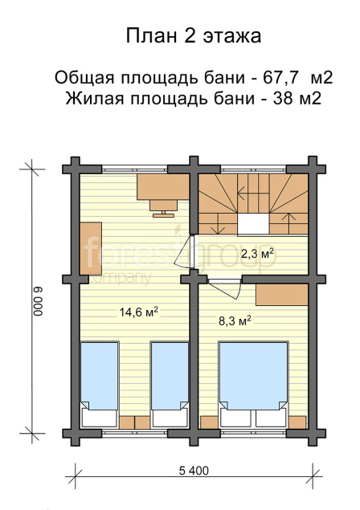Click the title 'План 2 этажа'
[x=194, y=36]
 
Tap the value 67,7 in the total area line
[x=280, y=78]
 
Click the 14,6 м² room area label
[x=139, y=312]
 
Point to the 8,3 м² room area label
[x=235, y=321]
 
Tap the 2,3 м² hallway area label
[x=256, y=253]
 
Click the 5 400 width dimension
[x=194, y=471]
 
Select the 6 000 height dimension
[x=38, y=301]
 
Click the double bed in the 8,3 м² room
[x=253, y=384]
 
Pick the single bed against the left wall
[x=99, y=384]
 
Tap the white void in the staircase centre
[x=253, y=224]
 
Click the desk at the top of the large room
[x=163, y=186]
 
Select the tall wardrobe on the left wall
[x=91, y=248]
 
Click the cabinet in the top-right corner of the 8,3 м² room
[x=281, y=295]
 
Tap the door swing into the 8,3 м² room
[x=225, y=288]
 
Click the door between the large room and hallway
[x=185, y=251]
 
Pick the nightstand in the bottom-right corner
[x=297, y=422]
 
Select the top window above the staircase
[x=253, y=169]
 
